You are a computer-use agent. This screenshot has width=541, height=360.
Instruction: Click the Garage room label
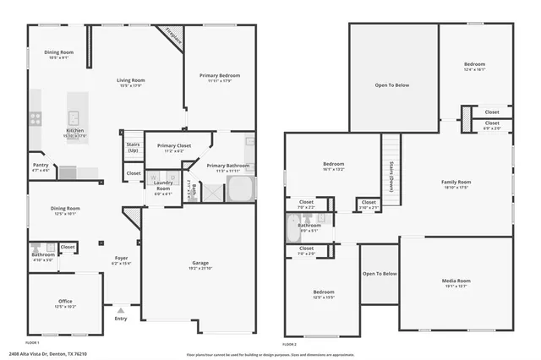tap(199, 265)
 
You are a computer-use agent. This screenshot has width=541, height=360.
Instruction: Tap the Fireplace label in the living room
tap(174, 35)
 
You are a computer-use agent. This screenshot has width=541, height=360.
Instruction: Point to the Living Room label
tap(131, 80)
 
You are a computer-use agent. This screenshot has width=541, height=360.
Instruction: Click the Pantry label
tap(41, 166)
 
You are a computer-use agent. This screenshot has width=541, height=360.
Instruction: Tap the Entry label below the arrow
tap(120, 319)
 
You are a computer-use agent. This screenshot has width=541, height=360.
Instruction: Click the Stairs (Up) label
tap(133, 147)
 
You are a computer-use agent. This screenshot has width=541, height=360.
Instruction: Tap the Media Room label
tap(457, 281)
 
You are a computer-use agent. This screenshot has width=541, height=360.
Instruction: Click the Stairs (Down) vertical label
tap(392, 177)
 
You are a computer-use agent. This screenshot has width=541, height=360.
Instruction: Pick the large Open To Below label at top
tap(392, 85)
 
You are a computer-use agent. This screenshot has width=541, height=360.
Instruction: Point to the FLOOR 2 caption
tap(290, 345)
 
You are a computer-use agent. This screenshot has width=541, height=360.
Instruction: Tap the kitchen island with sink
tap(74, 117)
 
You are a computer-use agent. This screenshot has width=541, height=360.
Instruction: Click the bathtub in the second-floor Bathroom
tap(295, 227)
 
